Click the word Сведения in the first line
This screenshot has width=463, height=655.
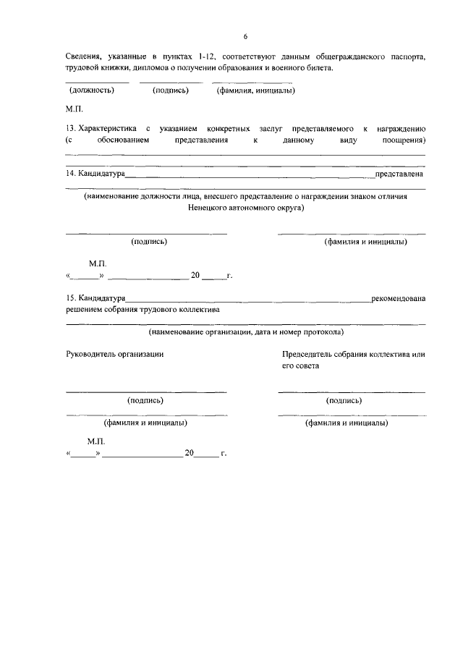coord(83,56)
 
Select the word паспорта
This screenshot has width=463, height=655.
coord(407,56)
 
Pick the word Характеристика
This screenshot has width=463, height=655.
coord(107,127)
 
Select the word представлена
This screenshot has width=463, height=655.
coord(399,174)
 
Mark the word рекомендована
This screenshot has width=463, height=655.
coord(398,298)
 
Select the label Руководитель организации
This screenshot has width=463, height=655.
coord(114,354)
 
